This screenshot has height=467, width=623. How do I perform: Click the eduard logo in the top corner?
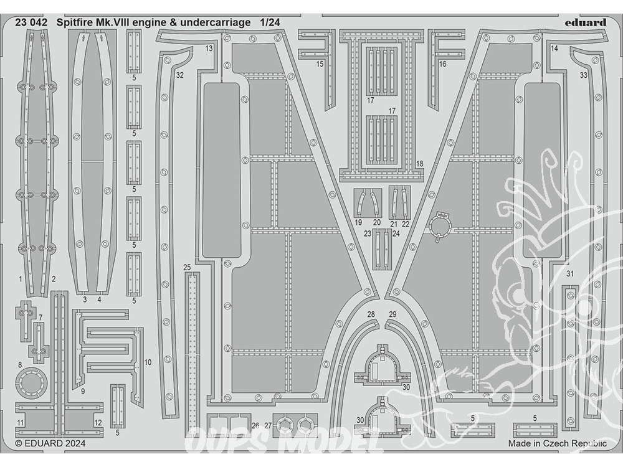coord(586,22)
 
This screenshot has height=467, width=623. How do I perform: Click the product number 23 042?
coord(31,22)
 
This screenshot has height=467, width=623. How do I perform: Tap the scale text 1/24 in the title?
coord(270,22)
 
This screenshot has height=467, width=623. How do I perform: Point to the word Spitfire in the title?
coord(75,22)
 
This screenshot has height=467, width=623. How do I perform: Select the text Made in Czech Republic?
coord(558,443)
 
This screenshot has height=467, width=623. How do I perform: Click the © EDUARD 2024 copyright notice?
coord(50,443)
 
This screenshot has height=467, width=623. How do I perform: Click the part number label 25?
coord(187,268)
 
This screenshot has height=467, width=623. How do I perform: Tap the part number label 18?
coord(420,164)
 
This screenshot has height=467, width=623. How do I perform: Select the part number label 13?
coord(209,49)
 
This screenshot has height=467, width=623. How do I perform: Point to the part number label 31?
coord(570,273)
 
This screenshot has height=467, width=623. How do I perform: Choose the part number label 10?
coord(148,362)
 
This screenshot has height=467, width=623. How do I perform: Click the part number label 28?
coord(371,314)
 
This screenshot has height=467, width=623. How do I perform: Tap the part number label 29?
coord(392,314)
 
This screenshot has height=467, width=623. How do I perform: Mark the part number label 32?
coord(180,75)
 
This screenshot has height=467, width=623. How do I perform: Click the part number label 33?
coord(583,75)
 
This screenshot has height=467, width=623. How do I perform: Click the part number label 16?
coord(442,64)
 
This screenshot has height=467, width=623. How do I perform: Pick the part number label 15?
coord(320,64)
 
